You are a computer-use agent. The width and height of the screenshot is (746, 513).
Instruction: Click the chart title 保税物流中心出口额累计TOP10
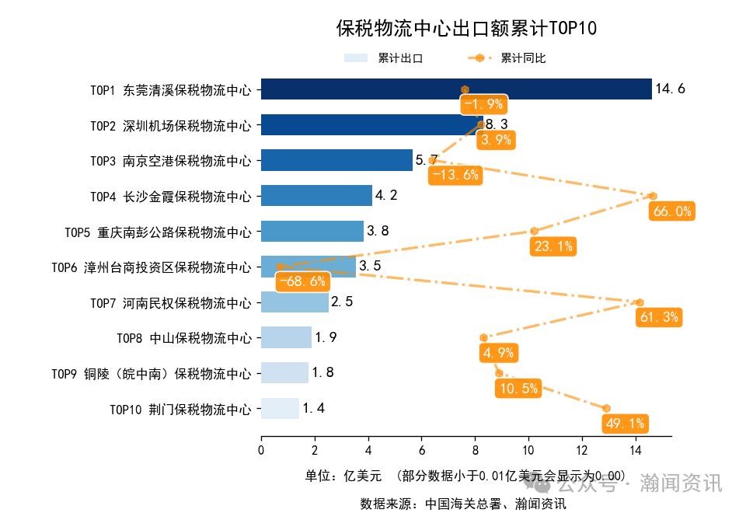coord(465,29)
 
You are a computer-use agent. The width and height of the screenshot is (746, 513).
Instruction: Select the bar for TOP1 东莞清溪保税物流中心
coord(455,89)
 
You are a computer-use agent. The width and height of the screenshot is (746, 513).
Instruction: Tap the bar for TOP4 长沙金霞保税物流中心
coord(316,195)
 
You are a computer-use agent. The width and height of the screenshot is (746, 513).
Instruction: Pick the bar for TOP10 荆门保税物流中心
coord(280,408)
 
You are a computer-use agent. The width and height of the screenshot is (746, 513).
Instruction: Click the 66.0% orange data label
coord(671,211)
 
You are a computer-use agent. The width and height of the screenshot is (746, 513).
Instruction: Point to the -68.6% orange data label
coord(302,281)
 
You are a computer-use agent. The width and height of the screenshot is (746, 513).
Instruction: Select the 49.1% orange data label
coord(625,424)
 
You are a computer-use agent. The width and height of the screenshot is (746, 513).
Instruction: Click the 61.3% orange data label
coord(659,317)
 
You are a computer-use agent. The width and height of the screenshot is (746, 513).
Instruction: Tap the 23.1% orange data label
coord(553,246)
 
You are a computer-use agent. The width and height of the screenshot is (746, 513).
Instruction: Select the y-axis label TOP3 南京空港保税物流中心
coord(171,161)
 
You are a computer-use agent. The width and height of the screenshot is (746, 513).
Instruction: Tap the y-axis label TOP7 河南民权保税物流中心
coord(171,302)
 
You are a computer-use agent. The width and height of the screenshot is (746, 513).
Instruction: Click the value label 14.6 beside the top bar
coord(670,89)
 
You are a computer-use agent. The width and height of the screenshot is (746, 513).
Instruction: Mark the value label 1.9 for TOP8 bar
coord(325,337)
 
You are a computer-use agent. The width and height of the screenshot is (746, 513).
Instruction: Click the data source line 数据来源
coord(462,503)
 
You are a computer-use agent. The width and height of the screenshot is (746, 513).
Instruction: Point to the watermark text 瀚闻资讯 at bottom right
coord(681,483)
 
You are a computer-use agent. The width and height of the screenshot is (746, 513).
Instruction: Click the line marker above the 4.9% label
coord(483,337)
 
